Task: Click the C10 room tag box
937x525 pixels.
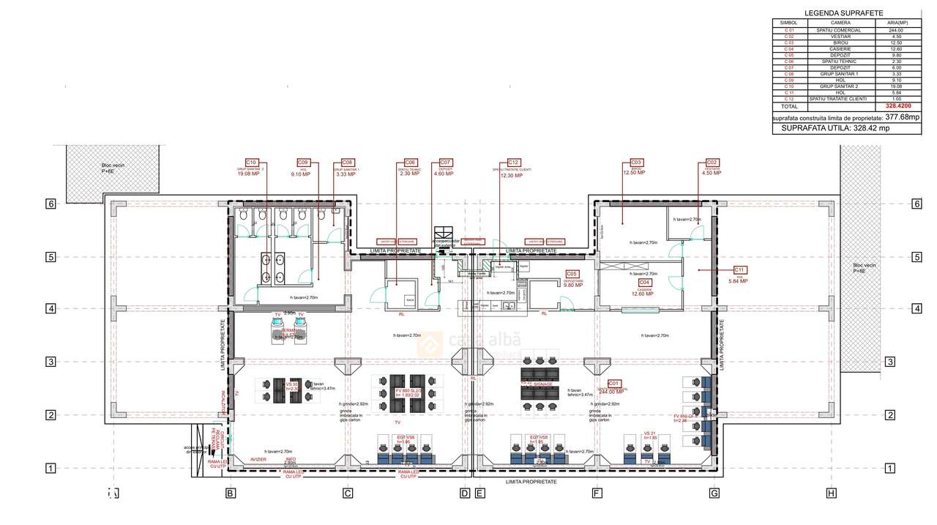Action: (251, 162)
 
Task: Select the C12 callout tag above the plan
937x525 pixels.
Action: (514, 162)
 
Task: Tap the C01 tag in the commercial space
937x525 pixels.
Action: (614, 383)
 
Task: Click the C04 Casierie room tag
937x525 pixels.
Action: (644, 282)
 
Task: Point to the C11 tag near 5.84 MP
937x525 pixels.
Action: (739, 269)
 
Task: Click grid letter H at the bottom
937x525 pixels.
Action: (831, 494)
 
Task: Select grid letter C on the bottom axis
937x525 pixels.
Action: (348, 494)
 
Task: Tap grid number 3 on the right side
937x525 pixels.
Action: (890, 362)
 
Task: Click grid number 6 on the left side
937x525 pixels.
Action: (51, 204)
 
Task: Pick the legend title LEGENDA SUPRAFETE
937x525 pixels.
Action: (843, 13)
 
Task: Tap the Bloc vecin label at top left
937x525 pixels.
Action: (113, 166)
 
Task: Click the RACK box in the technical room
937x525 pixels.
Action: (411, 300)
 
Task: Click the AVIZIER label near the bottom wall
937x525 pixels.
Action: (258, 460)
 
